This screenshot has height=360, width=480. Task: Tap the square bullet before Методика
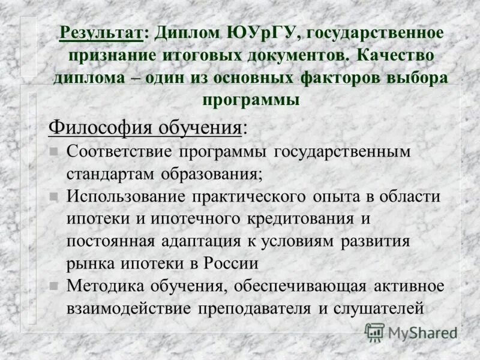(53, 286)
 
